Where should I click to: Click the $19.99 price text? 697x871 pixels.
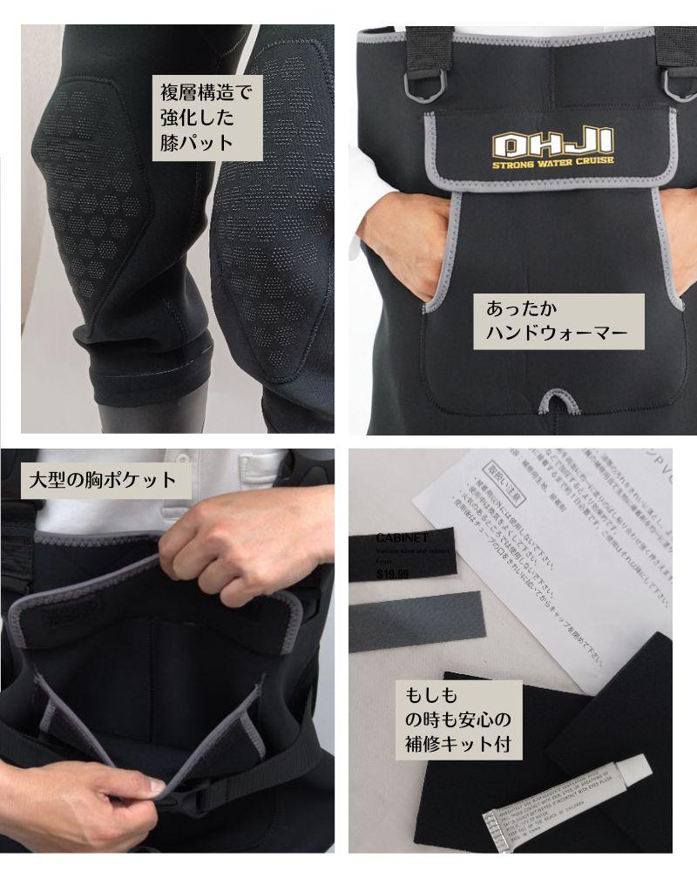pyautogui.click(x=393, y=575)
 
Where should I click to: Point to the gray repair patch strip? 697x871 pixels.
pyautogui.click(x=416, y=620)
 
